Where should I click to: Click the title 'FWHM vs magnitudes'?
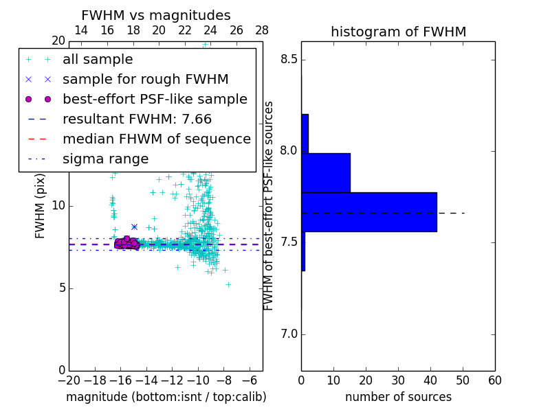click(x=156, y=15)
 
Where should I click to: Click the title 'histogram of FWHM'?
click(x=398, y=32)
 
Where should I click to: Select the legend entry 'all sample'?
click(x=98, y=60)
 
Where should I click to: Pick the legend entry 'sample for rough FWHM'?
click(x=146, y=79)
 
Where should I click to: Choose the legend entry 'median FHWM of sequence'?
click(x=156, y=139)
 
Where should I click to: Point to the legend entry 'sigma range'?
click(x=105, y=159)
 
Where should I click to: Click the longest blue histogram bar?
click(x=368, y=211)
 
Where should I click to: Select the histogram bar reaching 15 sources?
click(x=326, y=172)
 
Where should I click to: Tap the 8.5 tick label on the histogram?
click(x=288, y=59)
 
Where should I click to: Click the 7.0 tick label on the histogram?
click(x=288, y=334)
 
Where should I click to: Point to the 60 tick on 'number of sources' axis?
click(x=494, y=380)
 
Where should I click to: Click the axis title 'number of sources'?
click(x=398, y=397)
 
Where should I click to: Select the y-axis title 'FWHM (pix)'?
click(x=41, y=205)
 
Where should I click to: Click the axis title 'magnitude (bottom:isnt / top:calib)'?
click(x=166, y=397)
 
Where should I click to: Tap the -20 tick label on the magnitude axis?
click(x=69, y=380)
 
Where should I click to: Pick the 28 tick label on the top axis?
click(x=262, y=30)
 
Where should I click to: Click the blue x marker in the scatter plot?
click(x=134, y=227)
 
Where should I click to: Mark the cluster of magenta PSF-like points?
click(x=126, y=242)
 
